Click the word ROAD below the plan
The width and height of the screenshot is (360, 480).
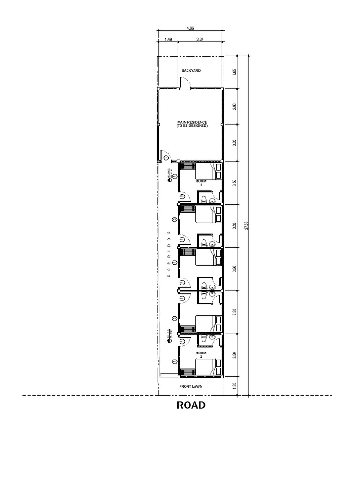pyautogui.click(x=191, y=405)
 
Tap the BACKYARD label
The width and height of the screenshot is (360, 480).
pyautogui.click(x=191, y=71)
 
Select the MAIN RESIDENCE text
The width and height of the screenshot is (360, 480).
pyautogui.click(x=192, y=124)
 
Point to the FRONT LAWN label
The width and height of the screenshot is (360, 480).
pyautogui.click(x=191, y=387)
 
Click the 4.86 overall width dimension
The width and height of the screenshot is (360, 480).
pyautogui.click(x=190, y=29)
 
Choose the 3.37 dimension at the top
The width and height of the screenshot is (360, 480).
pyautogui.click(x=200, y=40)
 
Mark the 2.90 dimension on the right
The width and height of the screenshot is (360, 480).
pyautogui.click(x=235, y=106)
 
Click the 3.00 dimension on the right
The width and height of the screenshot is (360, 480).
pyautogui.click(x=235, y=143)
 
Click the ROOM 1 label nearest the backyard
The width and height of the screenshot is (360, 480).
pyautogui.click(x=201, y=183)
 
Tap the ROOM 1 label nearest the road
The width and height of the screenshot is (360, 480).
pyautogui.click(x=201, y=354)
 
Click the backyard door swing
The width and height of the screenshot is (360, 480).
pyautogui.click(x=185, y=83)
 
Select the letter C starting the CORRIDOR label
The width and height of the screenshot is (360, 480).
pyautogui.click(x=169, y=276)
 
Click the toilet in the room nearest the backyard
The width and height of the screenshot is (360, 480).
pyautogui.click(x=204, y=200)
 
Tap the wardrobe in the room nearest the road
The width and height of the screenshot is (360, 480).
pyautogui.click(x=188, y=371)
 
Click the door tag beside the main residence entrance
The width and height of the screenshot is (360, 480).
pyautogui.click(x=166, y=158)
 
